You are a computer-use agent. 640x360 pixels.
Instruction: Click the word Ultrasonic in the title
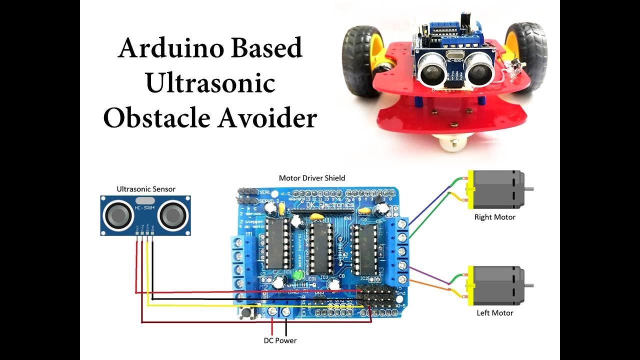tap(210, 83)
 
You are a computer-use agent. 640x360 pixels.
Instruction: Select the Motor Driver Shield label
tap(311, 178)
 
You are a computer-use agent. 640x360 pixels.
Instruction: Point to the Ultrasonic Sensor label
tap(146, 189)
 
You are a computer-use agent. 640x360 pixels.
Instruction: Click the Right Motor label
tap(494, 217)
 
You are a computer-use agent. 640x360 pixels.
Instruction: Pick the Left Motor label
tap(494, 313)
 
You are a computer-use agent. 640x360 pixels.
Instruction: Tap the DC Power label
tap(280, 340)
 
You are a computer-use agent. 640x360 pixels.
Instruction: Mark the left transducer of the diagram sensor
tap(118, 215)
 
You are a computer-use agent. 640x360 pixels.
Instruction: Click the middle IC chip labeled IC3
tap(319, 247)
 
